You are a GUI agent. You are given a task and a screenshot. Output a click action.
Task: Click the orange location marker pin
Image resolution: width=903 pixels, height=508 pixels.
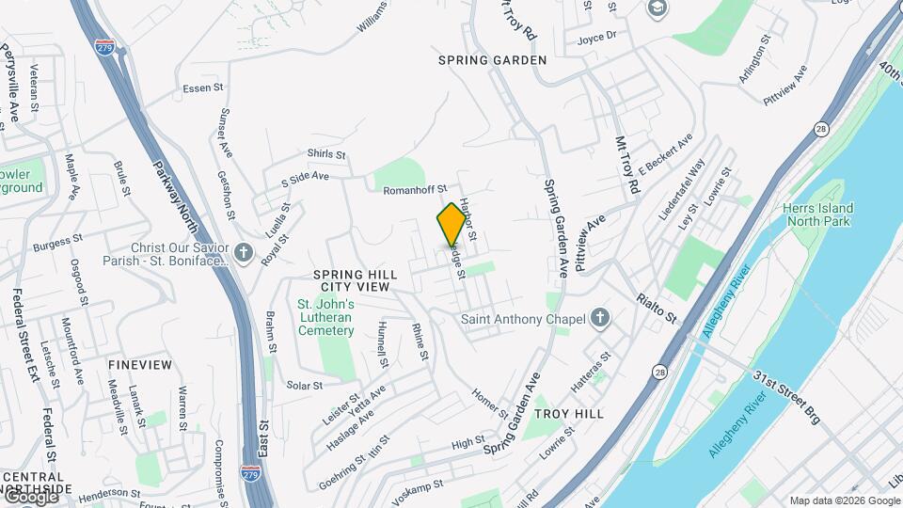[x=451, y=224]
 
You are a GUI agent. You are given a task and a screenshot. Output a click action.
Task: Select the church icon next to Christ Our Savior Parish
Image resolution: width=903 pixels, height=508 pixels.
[x=244, y=253]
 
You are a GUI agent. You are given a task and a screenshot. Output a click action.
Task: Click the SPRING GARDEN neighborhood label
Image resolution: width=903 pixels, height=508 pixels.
[x=492, y=60]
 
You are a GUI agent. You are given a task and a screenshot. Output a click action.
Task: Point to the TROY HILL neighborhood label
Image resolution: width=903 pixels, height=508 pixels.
[x=567, y=414]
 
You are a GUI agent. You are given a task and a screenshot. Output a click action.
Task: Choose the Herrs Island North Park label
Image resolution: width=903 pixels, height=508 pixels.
[x=817, y=214]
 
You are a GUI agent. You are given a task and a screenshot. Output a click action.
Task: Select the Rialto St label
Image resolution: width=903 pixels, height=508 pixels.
[x=656, y=307]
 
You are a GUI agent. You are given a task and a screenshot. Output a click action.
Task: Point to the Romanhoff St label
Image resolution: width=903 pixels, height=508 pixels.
[x=415, y=190]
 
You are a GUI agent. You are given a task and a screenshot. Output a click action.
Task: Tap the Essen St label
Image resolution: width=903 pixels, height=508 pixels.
[x=203, y=89]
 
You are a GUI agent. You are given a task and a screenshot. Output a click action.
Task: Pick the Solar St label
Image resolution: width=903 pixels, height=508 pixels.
[x=305, y=385]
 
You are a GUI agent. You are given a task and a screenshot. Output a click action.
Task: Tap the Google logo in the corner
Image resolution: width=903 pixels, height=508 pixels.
[x=31, y=496]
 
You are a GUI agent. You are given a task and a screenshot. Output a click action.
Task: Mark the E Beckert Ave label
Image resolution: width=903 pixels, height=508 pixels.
[x=665, y=152]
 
